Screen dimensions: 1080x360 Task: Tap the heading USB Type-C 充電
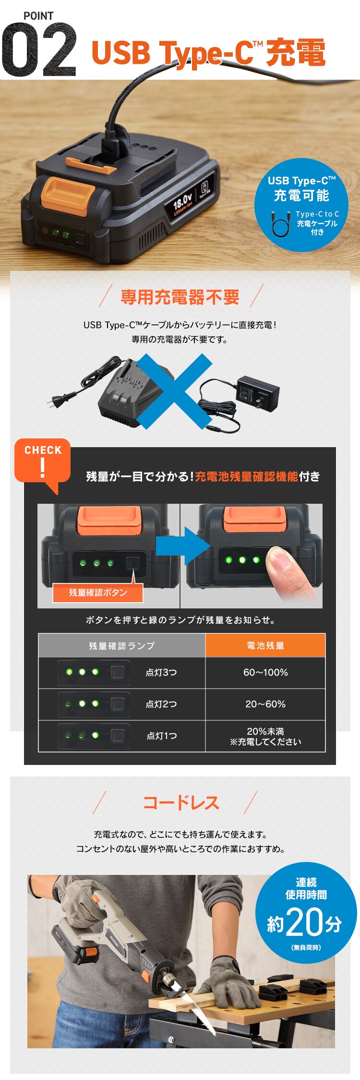208,52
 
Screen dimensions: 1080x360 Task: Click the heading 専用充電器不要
180,297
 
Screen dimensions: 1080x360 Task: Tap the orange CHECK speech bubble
43,461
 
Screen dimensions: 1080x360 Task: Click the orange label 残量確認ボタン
98,593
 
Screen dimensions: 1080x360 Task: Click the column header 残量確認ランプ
122,646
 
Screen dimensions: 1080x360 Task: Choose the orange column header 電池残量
265,646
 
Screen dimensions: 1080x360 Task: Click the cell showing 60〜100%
265,673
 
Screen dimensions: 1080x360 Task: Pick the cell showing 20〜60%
265,704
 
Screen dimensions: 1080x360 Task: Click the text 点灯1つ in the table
162,736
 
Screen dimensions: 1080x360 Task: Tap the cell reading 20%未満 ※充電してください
265,736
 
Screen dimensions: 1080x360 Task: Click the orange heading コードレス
181,802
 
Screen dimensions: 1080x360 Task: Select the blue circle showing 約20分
306,913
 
